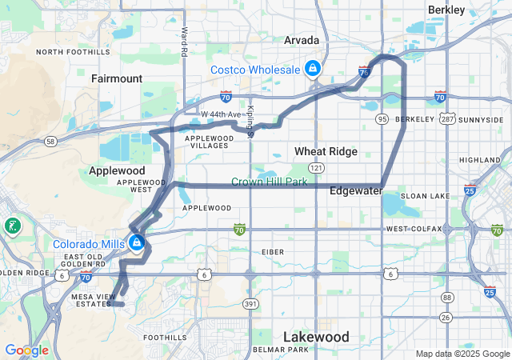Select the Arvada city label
pyautogui.click(x=302, y=40)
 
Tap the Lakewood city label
pyautogui.click(x=317, y=337)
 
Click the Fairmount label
pyautogui.click(x=117, y=79)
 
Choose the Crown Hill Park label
pyautogui.click(x=270, y=182)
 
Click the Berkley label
pyautogui.click(x=446, y=10)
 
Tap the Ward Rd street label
pyautogui.click(x=184, y=42)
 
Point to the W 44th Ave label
pyautogui.click(x=221, y=115)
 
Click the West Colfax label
pyautogui.click(x=414, y=230)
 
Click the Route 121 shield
pyautogui.click(x=317, y=168)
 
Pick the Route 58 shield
pyautogui.click(x=50, y=142)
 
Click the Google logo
pyautogui.click(x=26, y=350)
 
